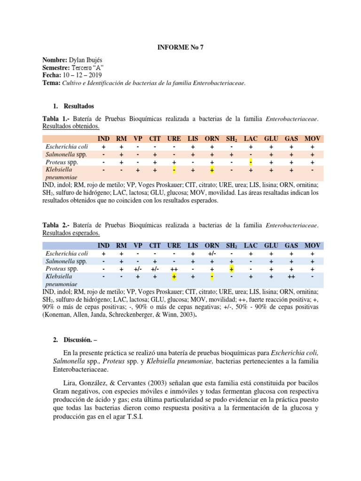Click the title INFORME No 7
(180, 47)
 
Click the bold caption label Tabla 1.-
(54, 119)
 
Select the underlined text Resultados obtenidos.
(71, 127)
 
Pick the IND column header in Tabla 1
(103, 139)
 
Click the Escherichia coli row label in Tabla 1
(65, 147)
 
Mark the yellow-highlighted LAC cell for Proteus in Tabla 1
(251, 162)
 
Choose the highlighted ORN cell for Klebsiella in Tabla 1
(212, 170)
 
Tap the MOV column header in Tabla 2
(312, 246)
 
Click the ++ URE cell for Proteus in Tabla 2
(174, 269)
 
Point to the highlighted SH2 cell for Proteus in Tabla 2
(232, 269)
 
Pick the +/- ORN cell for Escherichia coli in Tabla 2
(212, 254)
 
